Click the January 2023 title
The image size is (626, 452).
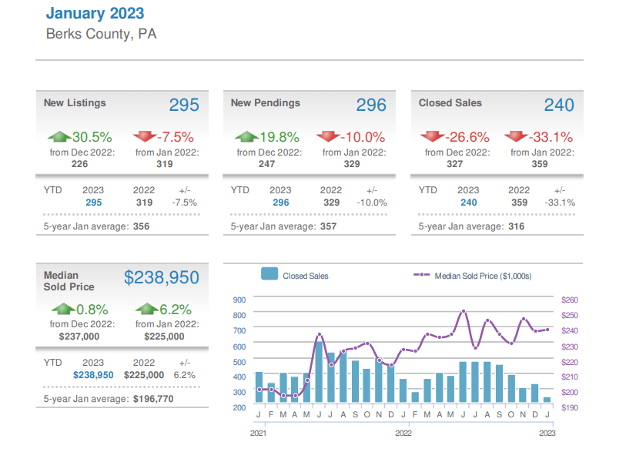[x=95, y=13]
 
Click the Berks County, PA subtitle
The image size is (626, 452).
[x=101, y=35]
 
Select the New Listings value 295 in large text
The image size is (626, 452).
[x=184, y=105]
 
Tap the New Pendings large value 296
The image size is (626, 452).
[x=371, y=105]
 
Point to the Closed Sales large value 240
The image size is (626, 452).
[x=559, y=105]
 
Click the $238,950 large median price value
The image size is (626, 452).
[x=162, y=278]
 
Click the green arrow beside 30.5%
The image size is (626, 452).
[x=59, y=137]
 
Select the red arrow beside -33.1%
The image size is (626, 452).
[x=516, y=137]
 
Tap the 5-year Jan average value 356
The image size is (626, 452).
[x=141, y=226]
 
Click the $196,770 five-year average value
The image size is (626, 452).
[x=153, y=399]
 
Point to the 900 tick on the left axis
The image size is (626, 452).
[x=239, y=300]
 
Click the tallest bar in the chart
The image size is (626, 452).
[x=319, y=373]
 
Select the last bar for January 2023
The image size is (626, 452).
[x=547, y=400]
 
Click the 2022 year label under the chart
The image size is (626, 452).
[x=403, y=434]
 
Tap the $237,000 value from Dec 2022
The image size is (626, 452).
[x=79, y=336]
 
